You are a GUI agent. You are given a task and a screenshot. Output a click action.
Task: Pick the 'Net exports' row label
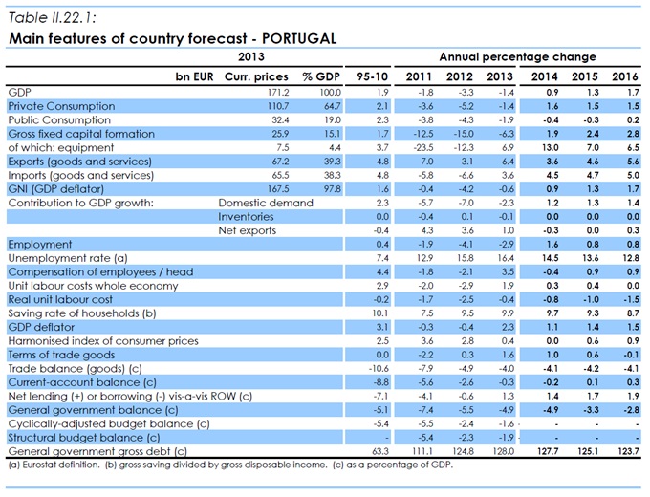(x=246, y=230)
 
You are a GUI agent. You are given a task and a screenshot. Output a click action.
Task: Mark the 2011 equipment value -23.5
(x=421, y=147)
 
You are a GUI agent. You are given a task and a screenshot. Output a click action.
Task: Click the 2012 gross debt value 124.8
(x=462, y=450)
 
